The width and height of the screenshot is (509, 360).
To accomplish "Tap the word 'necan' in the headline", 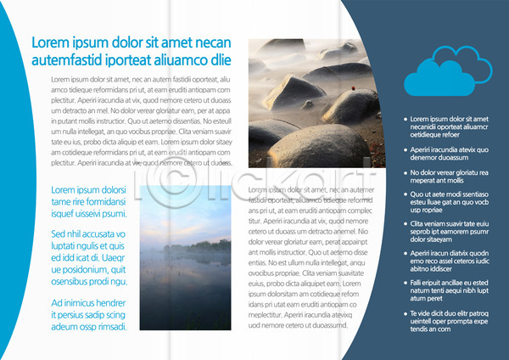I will (210, 42).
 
